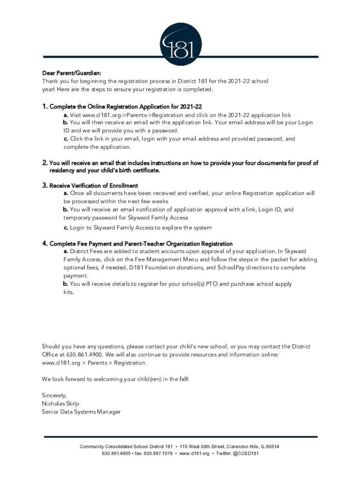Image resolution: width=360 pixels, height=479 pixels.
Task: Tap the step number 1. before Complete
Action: pos(45,107)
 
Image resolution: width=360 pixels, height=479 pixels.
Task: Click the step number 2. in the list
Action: pos(45,163)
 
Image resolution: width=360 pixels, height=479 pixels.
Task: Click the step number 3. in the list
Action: pos(45,186)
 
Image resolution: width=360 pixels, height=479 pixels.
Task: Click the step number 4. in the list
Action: pos(45,244)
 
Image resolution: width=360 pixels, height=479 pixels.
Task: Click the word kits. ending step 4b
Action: pos(69,292)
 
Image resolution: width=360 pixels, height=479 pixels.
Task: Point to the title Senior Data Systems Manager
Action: pos(81,412)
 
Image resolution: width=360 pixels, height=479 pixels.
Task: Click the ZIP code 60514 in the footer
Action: pos(272,447)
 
